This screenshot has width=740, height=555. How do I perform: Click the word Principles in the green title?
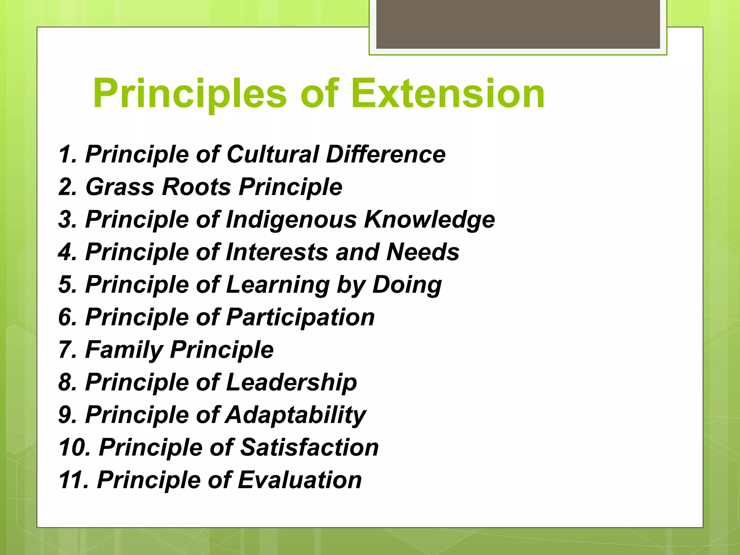(190, 94)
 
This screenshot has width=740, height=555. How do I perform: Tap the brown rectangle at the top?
(518, 24)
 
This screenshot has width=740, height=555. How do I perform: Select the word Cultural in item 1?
(273, 154)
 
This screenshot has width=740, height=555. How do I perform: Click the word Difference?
(386, 154)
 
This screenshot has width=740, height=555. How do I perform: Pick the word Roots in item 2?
(196, 187)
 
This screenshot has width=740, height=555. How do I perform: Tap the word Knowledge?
(429, 219)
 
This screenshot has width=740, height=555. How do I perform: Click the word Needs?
(423, 252)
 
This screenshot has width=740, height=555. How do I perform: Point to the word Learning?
(277, 285)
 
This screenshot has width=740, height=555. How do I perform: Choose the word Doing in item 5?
(407, 285)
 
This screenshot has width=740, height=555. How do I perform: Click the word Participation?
(300, 317)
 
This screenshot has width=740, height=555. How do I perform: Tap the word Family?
(124, 350)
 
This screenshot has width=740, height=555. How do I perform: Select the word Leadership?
(291, 382)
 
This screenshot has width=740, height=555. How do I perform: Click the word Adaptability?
(296, 415)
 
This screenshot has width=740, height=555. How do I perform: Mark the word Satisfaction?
(309, 447)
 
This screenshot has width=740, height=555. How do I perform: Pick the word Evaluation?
(300, 480)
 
